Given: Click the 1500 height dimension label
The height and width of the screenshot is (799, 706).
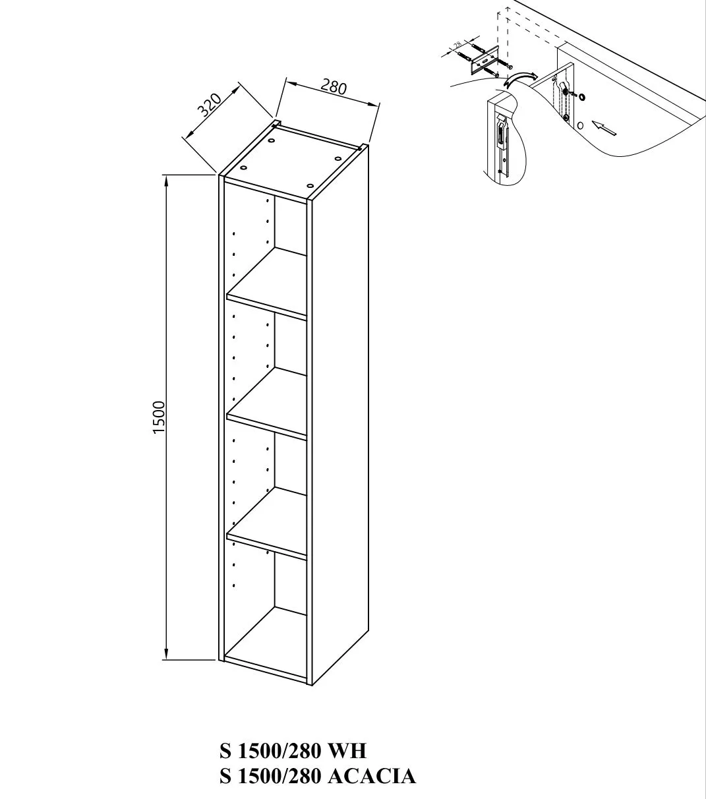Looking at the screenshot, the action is click(x=159, y=417).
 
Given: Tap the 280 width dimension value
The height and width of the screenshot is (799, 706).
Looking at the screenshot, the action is click(x=334, y=87).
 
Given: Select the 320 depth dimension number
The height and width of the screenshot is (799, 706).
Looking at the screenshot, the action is click(x=210, y=105).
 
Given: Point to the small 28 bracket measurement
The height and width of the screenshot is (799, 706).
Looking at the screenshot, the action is click(x=457, y=45).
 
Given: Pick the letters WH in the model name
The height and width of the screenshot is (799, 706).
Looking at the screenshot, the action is click(x=347, y=751).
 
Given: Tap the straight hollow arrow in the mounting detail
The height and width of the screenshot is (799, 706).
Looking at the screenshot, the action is click(x=604, y=127).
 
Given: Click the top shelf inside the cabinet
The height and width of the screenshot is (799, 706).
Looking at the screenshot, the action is click(x=266, y=283).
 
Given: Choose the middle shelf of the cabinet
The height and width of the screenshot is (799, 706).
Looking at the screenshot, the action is click(x=266, y=403).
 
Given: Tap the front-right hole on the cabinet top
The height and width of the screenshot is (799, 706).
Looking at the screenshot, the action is click(x=310, y=185).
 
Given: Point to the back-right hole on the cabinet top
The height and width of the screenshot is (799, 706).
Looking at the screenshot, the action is click(x=338, y=158).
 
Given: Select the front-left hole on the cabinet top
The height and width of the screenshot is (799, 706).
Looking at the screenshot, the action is click(x=243, y=167).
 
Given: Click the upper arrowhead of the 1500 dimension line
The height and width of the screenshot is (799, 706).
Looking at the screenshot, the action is click(x=166, y=181).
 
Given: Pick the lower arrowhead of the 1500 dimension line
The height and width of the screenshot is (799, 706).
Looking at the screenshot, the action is click(x=166, y=653).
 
